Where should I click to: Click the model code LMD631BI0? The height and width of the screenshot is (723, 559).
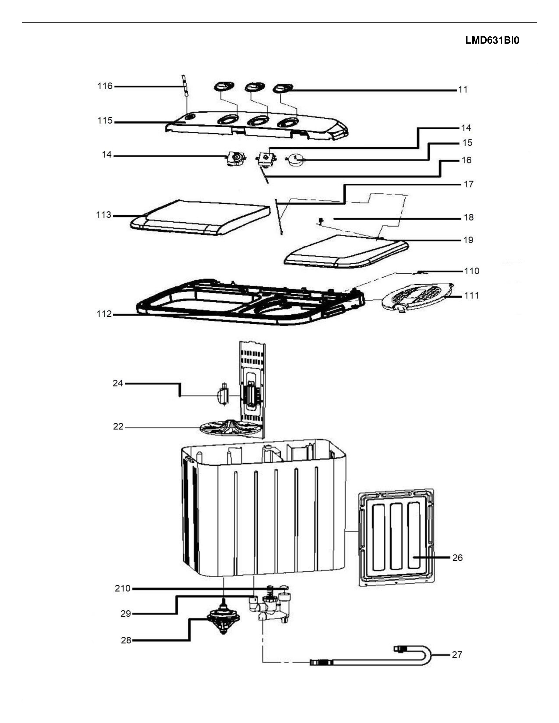492,40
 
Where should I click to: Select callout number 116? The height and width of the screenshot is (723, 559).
105,86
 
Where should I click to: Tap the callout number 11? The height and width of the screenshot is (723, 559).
463,89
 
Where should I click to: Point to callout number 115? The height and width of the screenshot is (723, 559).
105,120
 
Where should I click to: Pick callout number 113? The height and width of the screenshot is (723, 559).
104,215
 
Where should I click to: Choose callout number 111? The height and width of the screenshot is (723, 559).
472,295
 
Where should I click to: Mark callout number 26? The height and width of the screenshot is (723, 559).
457,558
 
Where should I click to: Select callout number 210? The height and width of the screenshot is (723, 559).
123,589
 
